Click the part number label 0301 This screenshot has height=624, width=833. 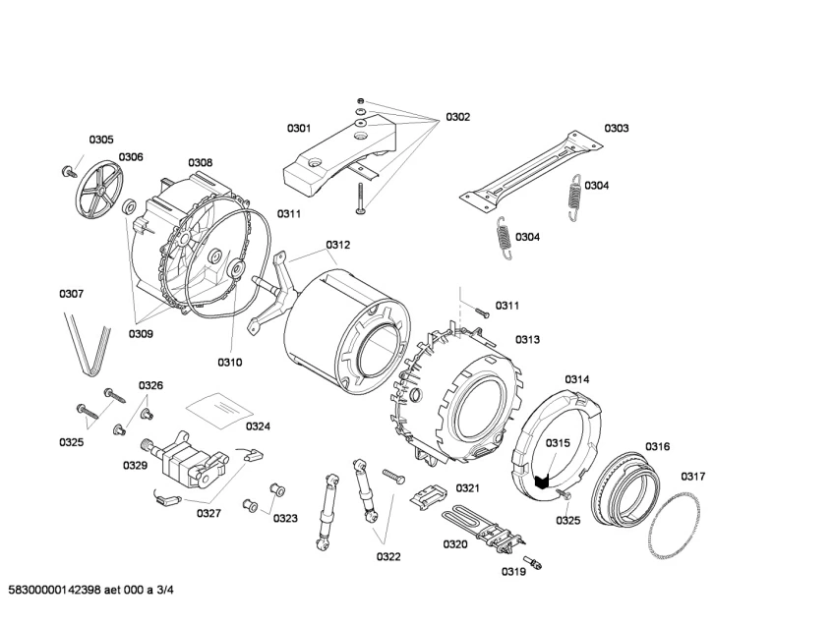tap(299, 129)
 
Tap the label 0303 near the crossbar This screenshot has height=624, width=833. tap(617, 128)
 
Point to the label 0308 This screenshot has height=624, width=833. tap(200, 162)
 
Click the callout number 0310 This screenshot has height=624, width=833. tap(229, 363)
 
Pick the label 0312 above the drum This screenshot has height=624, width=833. tap(338, 245)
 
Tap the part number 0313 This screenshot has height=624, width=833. tap(528, 340)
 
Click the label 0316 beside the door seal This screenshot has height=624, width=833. tap(657, 447)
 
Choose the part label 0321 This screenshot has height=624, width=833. tap(467, 488)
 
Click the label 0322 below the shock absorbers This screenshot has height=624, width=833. tap(388, 557)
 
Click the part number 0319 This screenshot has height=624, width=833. tap(513, 571)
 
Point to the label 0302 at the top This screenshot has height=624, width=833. tap(457, 117)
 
